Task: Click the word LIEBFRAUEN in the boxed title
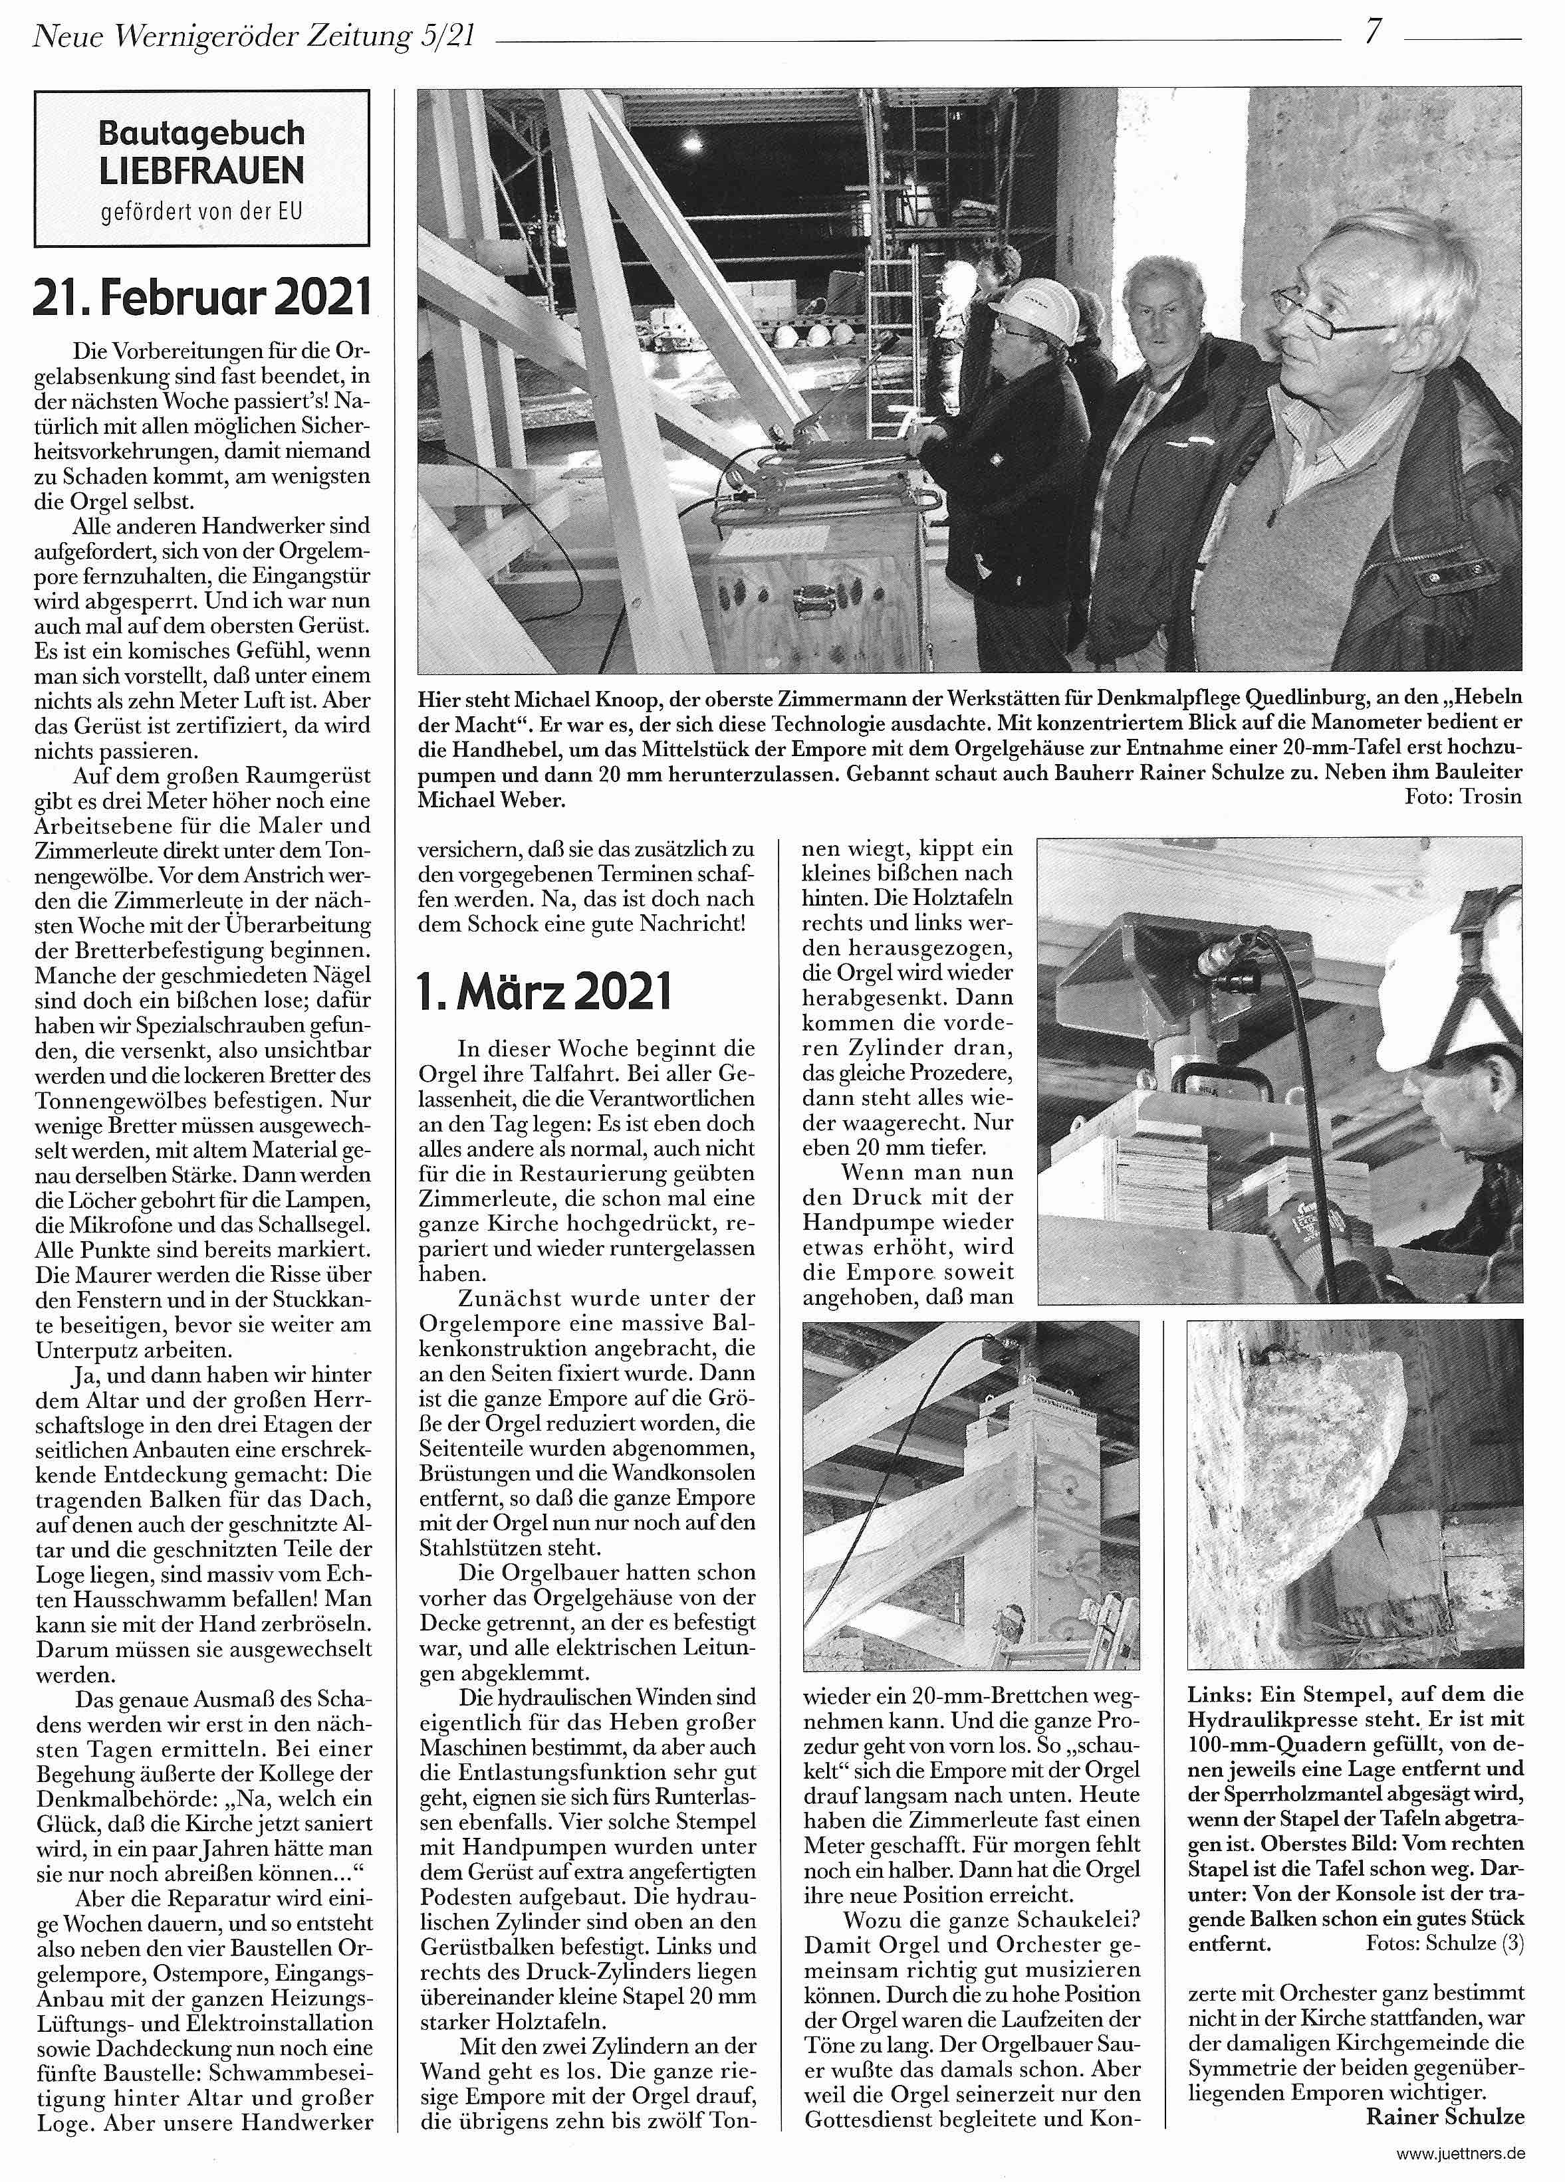coord(201,172)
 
